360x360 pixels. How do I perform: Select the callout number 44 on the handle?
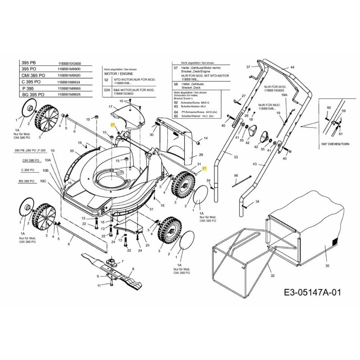(x=292, y=67)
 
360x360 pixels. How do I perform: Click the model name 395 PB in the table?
(x=29, y=63)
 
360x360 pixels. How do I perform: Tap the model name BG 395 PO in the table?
(x=33, y=95)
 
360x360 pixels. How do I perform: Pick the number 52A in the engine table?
(x=107, y=90)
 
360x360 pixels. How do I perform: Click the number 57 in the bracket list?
(x=176, y=67)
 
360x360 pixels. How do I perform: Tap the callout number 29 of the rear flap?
(x=201, y=154)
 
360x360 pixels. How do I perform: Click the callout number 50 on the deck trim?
(x=72, y=151)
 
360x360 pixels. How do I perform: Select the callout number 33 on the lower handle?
(x=235, y=157)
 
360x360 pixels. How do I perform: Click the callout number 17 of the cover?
(x=109, y=107)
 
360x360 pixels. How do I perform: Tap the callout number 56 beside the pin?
(x=235, y=175)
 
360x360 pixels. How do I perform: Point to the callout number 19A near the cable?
(x=284, y=95)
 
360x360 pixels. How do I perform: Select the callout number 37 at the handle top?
(x=247, y=67)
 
